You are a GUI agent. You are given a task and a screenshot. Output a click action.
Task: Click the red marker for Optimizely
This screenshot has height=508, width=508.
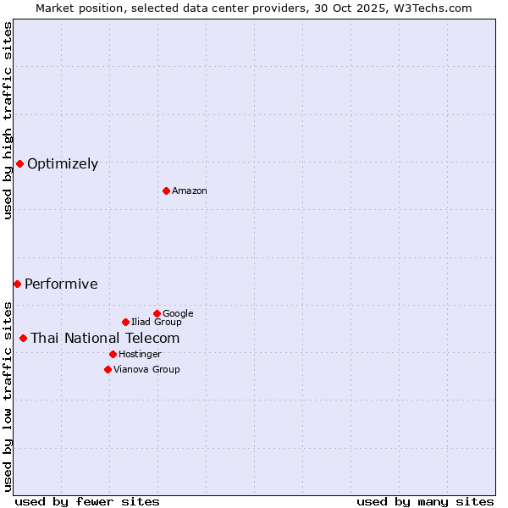[x=19, y=163]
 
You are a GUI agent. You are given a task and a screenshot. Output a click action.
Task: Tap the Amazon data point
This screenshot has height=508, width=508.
[x=166, y=190]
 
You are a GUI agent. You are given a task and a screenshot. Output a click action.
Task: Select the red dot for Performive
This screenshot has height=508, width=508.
[x=17, y=284]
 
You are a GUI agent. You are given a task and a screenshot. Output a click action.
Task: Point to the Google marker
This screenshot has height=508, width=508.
[x=157, y=313]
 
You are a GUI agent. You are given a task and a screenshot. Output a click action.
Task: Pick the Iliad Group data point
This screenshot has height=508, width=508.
[x=125, y=322]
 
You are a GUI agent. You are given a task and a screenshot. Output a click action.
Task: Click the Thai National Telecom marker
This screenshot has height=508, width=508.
[x=23, y=338]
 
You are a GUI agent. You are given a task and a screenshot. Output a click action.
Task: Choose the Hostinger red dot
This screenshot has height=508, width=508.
[x=113, y=354]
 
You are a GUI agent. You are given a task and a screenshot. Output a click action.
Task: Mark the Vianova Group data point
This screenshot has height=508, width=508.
[x=108, y=369]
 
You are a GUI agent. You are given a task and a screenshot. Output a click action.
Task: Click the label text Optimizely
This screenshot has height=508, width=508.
[x=63, y=164]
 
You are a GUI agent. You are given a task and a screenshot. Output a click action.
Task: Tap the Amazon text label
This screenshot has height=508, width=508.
[x=190, y=191]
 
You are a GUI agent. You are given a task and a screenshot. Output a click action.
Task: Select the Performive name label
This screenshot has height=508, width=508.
[x=61, y=284]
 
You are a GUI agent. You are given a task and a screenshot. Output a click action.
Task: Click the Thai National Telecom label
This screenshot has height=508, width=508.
[x=105, y=339]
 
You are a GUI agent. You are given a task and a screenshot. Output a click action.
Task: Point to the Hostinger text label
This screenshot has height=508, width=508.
[x=140, y=355]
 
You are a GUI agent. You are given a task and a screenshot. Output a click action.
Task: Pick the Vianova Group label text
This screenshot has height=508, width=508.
[x=146, y=370]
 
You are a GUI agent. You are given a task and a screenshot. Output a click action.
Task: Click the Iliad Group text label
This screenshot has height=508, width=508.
[x=157, y=323]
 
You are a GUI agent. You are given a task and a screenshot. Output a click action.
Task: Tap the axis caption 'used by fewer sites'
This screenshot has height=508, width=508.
[x=87, y=501]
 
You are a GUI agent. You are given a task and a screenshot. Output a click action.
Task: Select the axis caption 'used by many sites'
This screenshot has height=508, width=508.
[x=425, y=501]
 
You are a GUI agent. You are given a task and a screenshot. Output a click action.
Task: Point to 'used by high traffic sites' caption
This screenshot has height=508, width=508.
[x=8, y=120]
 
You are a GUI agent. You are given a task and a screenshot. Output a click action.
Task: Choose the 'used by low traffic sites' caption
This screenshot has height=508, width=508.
[x=8, y=395]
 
